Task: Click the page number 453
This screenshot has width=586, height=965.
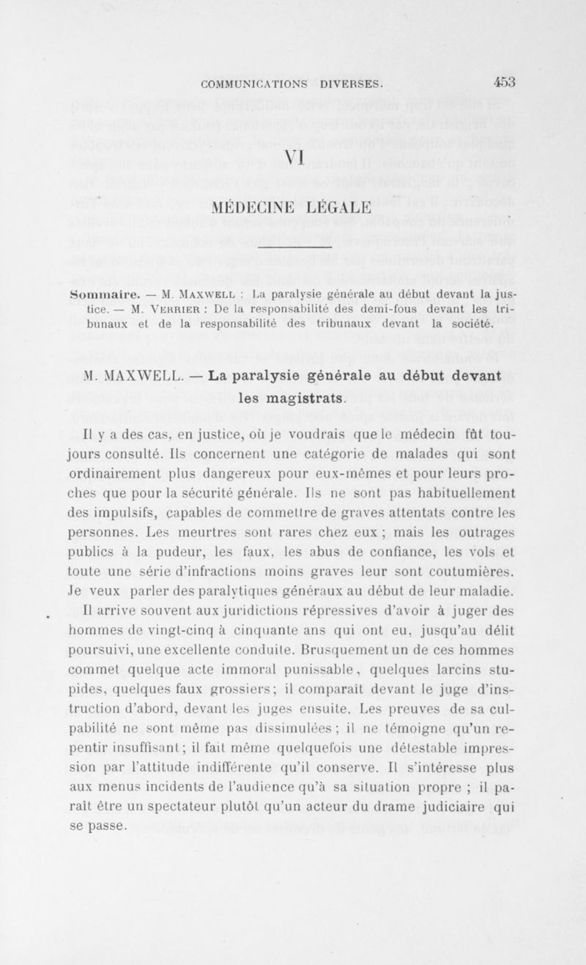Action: [505, 81]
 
